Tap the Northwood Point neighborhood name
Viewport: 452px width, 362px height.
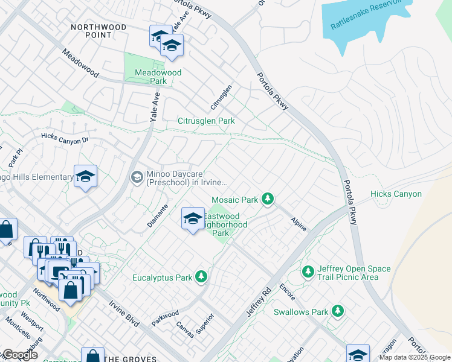[x=98, y=31]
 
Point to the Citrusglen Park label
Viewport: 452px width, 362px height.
[x=205, y=121]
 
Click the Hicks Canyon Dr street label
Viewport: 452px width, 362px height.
[x=65, y=138]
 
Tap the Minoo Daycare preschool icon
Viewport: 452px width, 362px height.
[x=137, y=176]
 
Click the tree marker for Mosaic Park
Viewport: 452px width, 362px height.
[x=267, y=199]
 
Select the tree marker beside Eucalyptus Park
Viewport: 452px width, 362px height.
[x=201, y=278]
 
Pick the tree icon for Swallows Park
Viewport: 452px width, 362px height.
[x=338, y=311]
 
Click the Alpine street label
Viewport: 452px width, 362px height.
[x=299, y=224]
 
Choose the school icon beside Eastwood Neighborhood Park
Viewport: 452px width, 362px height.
[x=193, y=217]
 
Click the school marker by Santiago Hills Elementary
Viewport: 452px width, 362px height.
[x=85, y=176]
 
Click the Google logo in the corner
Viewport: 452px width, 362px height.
[x=19, y=355]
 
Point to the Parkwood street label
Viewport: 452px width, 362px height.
[x=165, y=318]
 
